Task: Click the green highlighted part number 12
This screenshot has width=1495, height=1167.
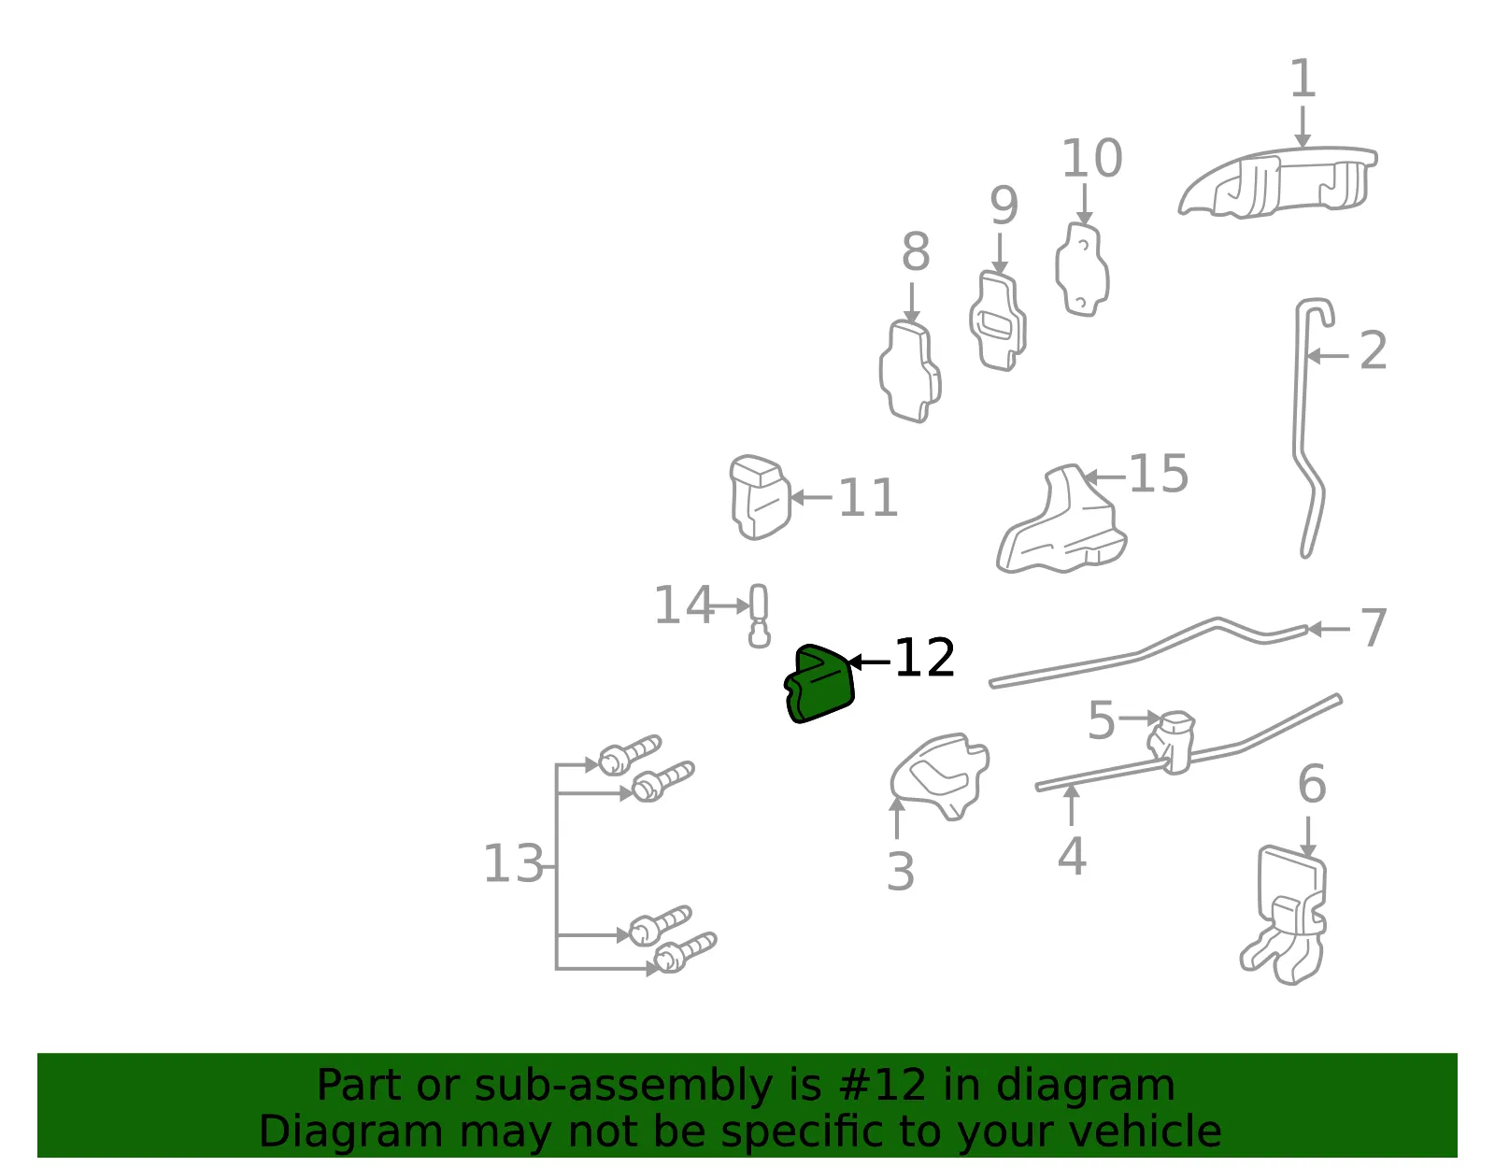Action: pyautogui.click(x=819, y=684)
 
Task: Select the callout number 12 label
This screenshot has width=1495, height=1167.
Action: pyautogui.click(x=925, y=658)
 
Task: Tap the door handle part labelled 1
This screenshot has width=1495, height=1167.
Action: pyautogui.click(x=1278, y=182)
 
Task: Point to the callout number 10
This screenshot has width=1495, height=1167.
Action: pyautogui.click(x=1092, y=158)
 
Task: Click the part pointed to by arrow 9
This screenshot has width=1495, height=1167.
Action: pyautogui.click(x=998, y=321)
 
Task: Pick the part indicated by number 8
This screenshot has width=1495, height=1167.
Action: pyautogui.click(x=910, y=371)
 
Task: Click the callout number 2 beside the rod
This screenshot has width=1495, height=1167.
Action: pyautogui.click(x=1374, y=350)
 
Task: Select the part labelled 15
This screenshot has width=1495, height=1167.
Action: pyautogui.click(x=1061, y=520)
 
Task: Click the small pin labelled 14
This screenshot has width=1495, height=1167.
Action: pyautogui.click(x=759, y=616)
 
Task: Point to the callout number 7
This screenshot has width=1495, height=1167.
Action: pyautogui.click(x=1374, y=627)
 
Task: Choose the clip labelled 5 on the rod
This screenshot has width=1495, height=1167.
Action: pyautogui.click(x=1172, y=742)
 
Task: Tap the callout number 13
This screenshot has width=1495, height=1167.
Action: pyautogui.click(x=513, y=863)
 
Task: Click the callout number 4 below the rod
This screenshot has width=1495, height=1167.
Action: pyautogui.click(x=1072, y=856)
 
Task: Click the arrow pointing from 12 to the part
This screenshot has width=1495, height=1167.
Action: pyautogui.click(x=870, y=662)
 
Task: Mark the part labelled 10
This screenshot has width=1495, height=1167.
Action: pyautogui.click(x=1082, y=270)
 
